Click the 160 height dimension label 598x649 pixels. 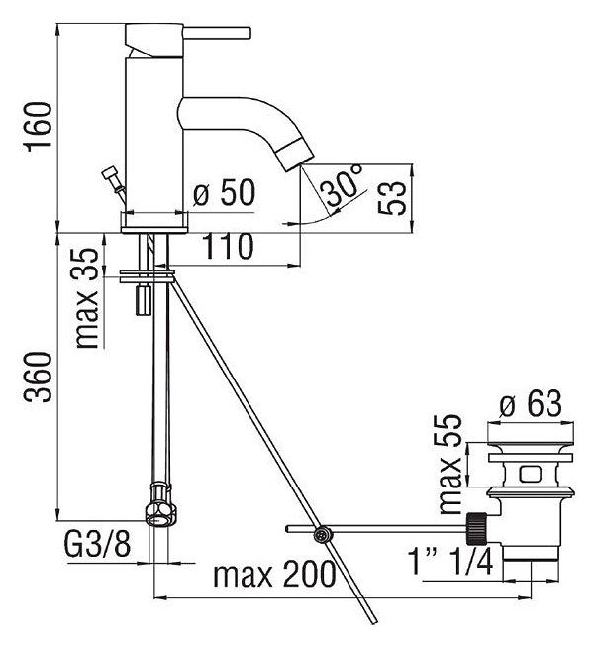coord(40,127)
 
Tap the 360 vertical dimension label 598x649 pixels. coord(38,377)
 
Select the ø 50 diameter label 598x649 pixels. coord(225,193)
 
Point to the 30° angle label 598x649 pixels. coord(344,185)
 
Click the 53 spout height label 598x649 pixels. coord(392,198)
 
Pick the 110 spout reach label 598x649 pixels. coord(228,247)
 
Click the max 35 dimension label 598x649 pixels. coord(87,298)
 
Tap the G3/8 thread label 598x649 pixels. coord(98,543)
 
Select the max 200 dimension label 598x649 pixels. coord(274,574)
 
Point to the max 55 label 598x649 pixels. coord(449,464)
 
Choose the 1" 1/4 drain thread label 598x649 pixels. coord(450,561)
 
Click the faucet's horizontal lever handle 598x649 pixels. coord(217,33)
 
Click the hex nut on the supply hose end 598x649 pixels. coord(160,505)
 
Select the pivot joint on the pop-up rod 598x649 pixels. coord(322,534)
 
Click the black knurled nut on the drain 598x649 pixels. coord(477,528)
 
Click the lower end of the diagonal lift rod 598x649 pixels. coord(374,621)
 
